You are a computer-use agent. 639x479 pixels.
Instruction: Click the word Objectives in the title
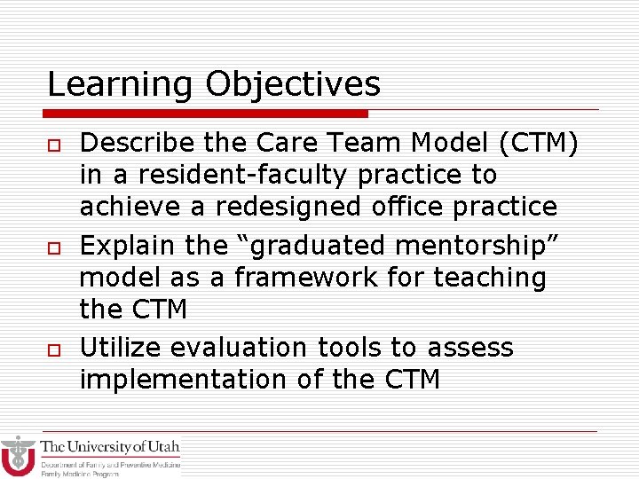[293, 85]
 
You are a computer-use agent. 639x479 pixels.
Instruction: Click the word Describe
[136, 142]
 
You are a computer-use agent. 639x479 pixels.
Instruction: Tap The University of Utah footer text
[110, 446]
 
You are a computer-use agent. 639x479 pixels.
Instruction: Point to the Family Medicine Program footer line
[79, 474]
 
